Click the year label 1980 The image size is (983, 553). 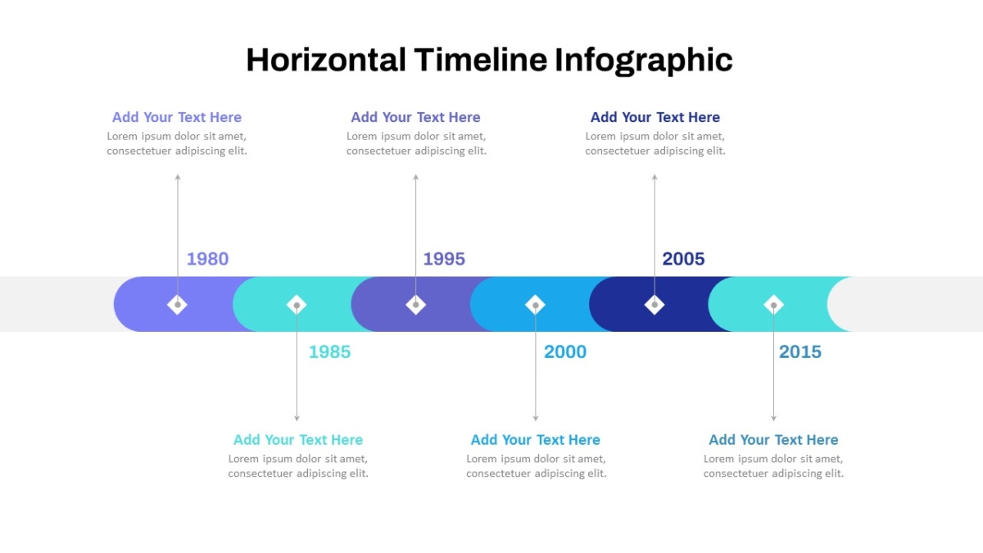(x=207, y=259)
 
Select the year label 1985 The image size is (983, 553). (x=329, y=352)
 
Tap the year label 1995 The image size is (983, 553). (x=444, y=259)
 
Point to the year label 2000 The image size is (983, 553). (x=564, y=352)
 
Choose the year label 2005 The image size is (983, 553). (x=683, y=259)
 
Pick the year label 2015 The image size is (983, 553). (x=800, y=352)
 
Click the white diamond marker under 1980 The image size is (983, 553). (x=177, y=305)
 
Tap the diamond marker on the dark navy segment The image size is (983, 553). (x=655, y=305)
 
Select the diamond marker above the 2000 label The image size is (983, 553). (x=536, y=305)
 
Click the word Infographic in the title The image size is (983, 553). (x=643, y=60)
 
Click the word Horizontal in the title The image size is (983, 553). (x=326, y=60)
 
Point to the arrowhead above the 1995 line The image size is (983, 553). (x=415, y=177)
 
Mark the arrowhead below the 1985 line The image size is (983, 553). (x=297, y=419)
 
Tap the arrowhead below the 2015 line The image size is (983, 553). (x=773, y=419)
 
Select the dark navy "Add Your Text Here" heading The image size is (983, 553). (x=655, y=117)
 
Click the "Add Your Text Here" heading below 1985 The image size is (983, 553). (x=298, y=440)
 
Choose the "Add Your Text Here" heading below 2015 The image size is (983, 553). (x=773, y=440)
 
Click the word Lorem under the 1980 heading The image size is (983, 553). (x=122, y=136)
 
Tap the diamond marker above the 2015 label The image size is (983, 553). (x=773, y=305)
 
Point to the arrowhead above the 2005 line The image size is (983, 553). (x=655, y=177)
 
